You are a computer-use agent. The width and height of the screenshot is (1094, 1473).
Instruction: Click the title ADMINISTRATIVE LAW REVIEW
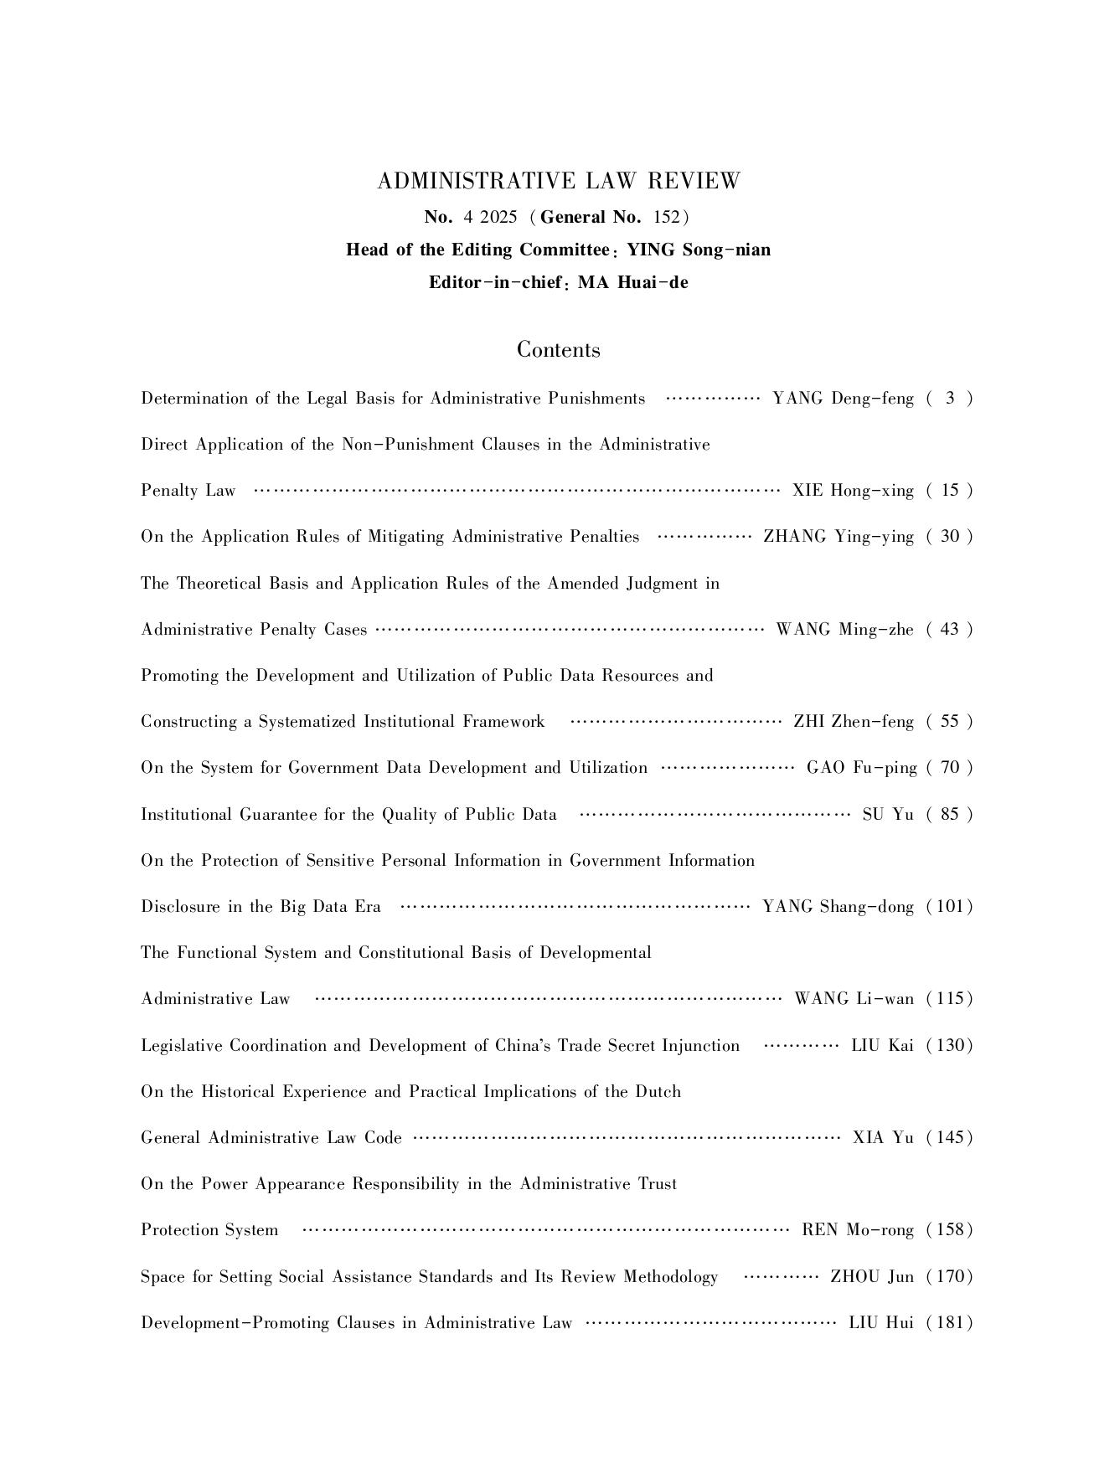559,182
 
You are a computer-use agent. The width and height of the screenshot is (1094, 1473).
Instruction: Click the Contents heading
558,349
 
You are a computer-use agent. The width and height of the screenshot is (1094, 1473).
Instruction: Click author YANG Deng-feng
843,398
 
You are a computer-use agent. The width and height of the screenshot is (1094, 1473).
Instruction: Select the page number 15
950,490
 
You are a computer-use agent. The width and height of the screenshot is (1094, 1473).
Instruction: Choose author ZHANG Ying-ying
839,536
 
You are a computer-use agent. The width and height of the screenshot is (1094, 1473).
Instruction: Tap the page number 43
950,629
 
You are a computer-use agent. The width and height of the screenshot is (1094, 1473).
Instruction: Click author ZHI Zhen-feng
854,721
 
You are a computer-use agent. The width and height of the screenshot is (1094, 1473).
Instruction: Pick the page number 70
950,767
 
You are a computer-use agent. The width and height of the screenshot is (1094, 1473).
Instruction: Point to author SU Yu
888,814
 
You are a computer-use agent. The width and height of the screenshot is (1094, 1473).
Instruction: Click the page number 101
950,906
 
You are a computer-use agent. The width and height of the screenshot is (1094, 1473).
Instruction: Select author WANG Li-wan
854,998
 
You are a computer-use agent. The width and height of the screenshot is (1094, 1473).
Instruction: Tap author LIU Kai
882,1045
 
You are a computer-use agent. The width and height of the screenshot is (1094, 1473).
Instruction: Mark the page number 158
950,1229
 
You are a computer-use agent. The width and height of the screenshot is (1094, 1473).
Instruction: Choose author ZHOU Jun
872,1276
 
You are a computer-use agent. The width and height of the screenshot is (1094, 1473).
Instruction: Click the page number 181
950,1322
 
